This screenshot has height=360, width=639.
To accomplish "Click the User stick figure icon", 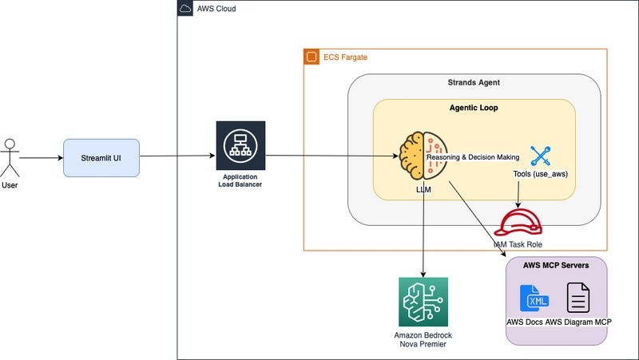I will click(x=10, y=157).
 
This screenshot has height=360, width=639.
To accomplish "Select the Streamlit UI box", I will click(x=101, y=157).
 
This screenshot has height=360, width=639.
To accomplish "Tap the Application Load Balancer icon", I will click(x=240, y=145).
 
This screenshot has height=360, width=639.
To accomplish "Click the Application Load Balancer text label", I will click(x=240, y=180).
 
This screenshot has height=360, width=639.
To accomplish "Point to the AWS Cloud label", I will click(x=216, y=9).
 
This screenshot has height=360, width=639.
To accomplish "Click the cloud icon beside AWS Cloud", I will click(x=186, y=9).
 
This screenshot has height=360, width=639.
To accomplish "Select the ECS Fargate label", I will click(x=345, y=57).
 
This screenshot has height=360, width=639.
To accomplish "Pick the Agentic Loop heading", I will click(x=474, y=107).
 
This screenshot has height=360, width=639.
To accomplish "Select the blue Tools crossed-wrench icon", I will click(x=541, y=156).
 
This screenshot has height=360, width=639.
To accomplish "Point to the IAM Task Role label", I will click(x=522, y=243).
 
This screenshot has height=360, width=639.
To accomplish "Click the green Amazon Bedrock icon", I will click(x=423, y=302).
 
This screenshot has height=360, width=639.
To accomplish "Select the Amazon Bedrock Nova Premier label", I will click(x=423, y=339).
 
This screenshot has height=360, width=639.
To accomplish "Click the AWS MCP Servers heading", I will click(x=556, y=266).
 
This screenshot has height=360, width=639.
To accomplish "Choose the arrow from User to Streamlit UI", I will click(x=41, y=157).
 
